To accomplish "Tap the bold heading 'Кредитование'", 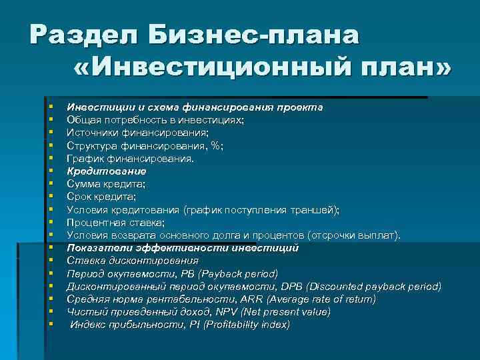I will [106, 171].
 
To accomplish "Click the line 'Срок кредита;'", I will [101, 197].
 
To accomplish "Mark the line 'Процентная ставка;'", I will [115, 222].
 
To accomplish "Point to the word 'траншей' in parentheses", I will [312, 209].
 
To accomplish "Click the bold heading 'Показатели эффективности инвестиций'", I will [183, 247].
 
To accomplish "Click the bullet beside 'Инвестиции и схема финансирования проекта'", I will [51, 107].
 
